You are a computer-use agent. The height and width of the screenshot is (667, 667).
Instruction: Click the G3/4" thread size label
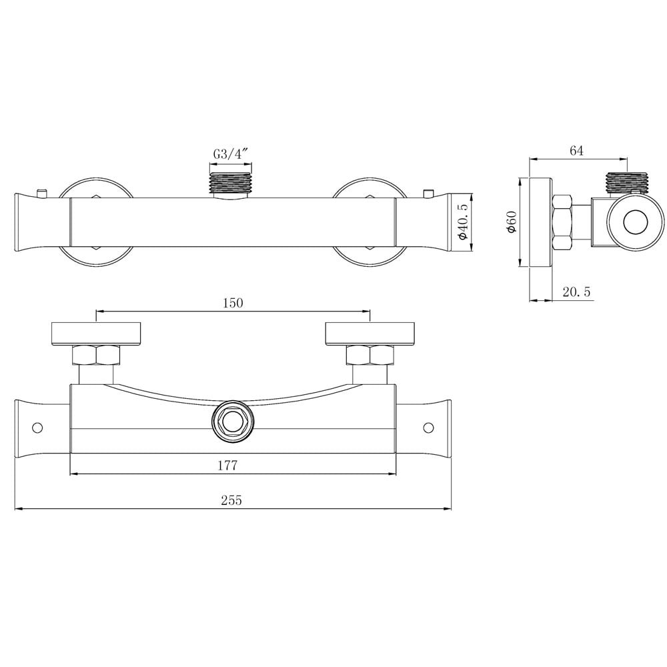click(x=231, y=154)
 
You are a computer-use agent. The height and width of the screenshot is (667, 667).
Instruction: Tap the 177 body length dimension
click(x=227, y=465)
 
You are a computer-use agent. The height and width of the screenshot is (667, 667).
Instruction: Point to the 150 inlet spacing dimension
click(x=232, y=302)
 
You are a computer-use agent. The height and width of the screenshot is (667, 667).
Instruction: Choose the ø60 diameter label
click(x=512, y=221)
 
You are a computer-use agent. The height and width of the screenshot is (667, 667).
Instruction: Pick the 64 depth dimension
click(x=576, y=151)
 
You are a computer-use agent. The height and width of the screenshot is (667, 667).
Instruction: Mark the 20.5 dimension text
click(x=576, y=291)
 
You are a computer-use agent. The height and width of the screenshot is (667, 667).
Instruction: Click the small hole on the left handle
click(x=37, y=427)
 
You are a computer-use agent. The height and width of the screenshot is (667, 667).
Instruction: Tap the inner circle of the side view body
click(x=632, y=222)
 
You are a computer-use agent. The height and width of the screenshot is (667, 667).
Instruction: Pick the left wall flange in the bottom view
click(x=97, y=333)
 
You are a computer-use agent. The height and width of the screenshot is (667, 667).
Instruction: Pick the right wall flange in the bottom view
click(x=370, y=333)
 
